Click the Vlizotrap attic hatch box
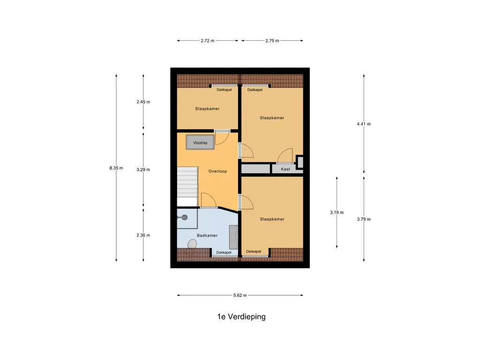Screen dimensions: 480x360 click(x=200, y=142)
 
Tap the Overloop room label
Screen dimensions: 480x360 click(x=217, y=171)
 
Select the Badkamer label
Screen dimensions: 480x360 click(x=207, y=235)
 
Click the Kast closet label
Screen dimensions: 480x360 click(x=285, y=169)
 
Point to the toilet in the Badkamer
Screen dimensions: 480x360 click(x=192, y=244)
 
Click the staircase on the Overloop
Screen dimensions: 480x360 click(x=187, y=187)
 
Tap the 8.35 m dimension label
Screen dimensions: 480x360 click(x=116, y=168)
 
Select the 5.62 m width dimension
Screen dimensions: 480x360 click(x=240, y=295)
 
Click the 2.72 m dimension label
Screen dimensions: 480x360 click(x=208, y=40)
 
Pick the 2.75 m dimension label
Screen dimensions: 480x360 click(x=272, y=40)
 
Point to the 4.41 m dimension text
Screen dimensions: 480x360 click(x=364, y=124)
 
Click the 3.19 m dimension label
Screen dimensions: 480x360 click(x=337, y=212)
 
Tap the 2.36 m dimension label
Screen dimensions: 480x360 click(x=143, y=235)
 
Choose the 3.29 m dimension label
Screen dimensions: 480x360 click(x=143, y=170)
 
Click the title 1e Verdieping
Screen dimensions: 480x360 click(x=241, y=316)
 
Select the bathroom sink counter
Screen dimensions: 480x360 click(x=233, y=237)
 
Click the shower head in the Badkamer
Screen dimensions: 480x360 click(x=185, y=217)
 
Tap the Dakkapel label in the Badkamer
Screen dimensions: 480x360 click(x=224, y=253)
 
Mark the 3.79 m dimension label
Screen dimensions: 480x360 click(x=364, y=219)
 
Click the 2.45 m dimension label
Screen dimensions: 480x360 click(x=143, y=102)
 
